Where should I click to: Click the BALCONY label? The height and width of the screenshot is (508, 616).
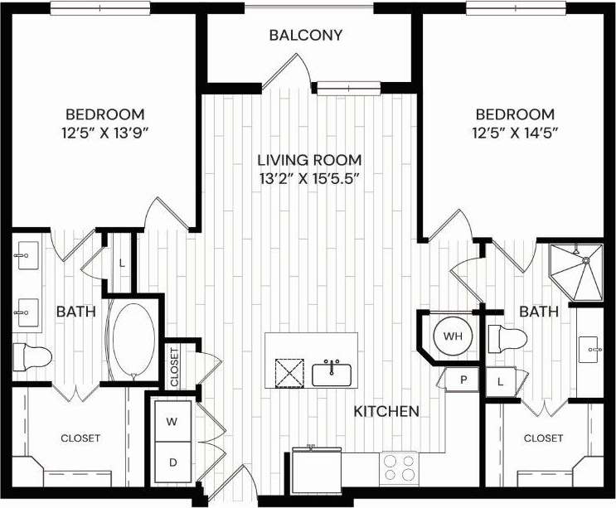(x=306, y=36)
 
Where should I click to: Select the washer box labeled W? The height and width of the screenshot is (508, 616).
(x=172, y=422)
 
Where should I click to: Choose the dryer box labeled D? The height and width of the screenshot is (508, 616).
(x=172, y=461)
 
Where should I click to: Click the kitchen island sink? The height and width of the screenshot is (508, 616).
(x=332, y=374)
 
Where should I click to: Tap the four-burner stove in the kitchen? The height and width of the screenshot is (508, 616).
(x=401, y=468)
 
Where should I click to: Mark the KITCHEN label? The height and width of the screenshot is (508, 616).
(x=386, y=411)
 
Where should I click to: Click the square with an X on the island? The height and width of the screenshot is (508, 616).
(x=289, y=374)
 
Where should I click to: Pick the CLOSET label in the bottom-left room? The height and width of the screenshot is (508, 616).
(x=80, y=438)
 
